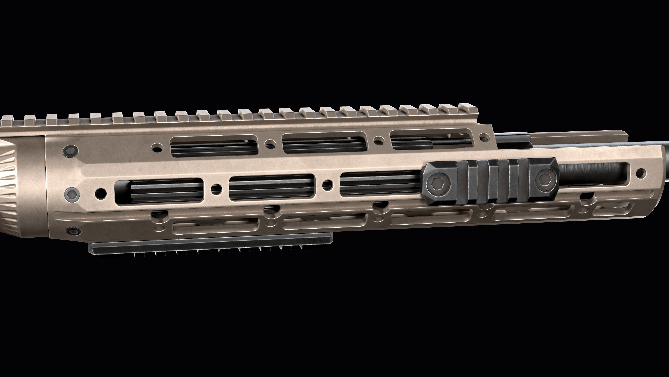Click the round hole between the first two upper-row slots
pyautogui.click(x=270, y=143)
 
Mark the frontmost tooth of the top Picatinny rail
pyautogui.click(x=467, y=107)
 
